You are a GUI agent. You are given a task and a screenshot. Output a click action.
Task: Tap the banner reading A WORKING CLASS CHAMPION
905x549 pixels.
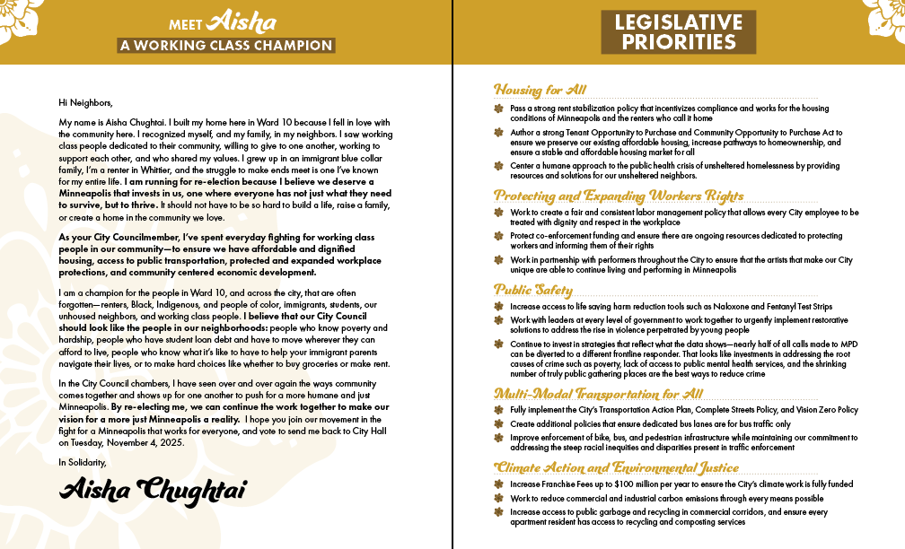click(226, 46)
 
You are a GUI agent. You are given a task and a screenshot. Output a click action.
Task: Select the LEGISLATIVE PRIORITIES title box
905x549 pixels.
click(678, 32)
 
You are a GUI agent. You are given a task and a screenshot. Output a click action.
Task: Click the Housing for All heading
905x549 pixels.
click(540, 90)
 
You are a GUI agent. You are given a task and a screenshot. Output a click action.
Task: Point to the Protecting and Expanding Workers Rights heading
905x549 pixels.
click(619, 196)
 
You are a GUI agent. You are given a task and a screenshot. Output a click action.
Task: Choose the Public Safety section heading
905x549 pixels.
click(533, 290)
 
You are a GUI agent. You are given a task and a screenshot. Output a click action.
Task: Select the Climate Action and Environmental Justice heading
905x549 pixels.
click(617, 467)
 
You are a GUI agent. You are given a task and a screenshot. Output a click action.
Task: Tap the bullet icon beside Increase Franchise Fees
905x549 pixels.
click(499, 484)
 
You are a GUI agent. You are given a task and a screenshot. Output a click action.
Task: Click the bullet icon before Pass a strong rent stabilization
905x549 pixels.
click(499, 108)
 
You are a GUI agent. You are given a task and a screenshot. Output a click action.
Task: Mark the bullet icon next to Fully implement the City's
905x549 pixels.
click(499, 410)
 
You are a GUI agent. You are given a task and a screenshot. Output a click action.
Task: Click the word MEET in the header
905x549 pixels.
click(186, 25)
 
